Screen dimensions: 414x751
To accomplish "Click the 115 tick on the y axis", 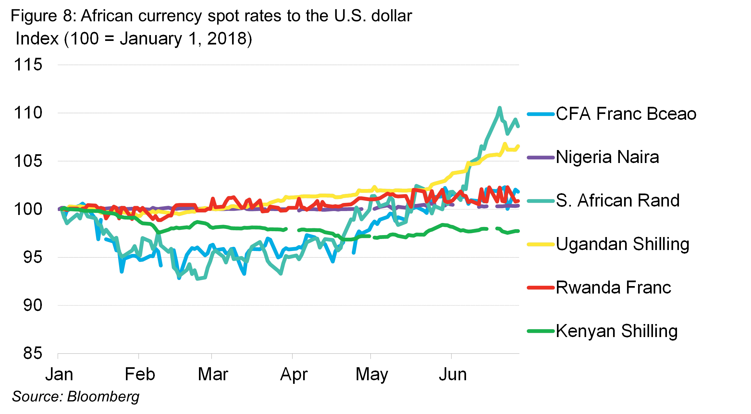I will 28,65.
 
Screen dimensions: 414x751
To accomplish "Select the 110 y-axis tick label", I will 28,113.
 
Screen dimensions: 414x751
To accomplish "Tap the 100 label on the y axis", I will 28,209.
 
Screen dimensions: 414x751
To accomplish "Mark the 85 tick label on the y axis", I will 32,353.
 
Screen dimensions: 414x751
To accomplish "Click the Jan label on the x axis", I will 59,374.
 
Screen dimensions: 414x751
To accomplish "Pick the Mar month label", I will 213,374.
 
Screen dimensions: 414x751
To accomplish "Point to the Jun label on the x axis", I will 453,374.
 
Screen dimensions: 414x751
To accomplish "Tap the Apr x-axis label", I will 294,374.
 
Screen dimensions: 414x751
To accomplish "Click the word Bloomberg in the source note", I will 103,396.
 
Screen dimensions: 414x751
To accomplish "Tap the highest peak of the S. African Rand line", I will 499,108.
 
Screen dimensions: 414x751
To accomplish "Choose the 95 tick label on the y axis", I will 32,257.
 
